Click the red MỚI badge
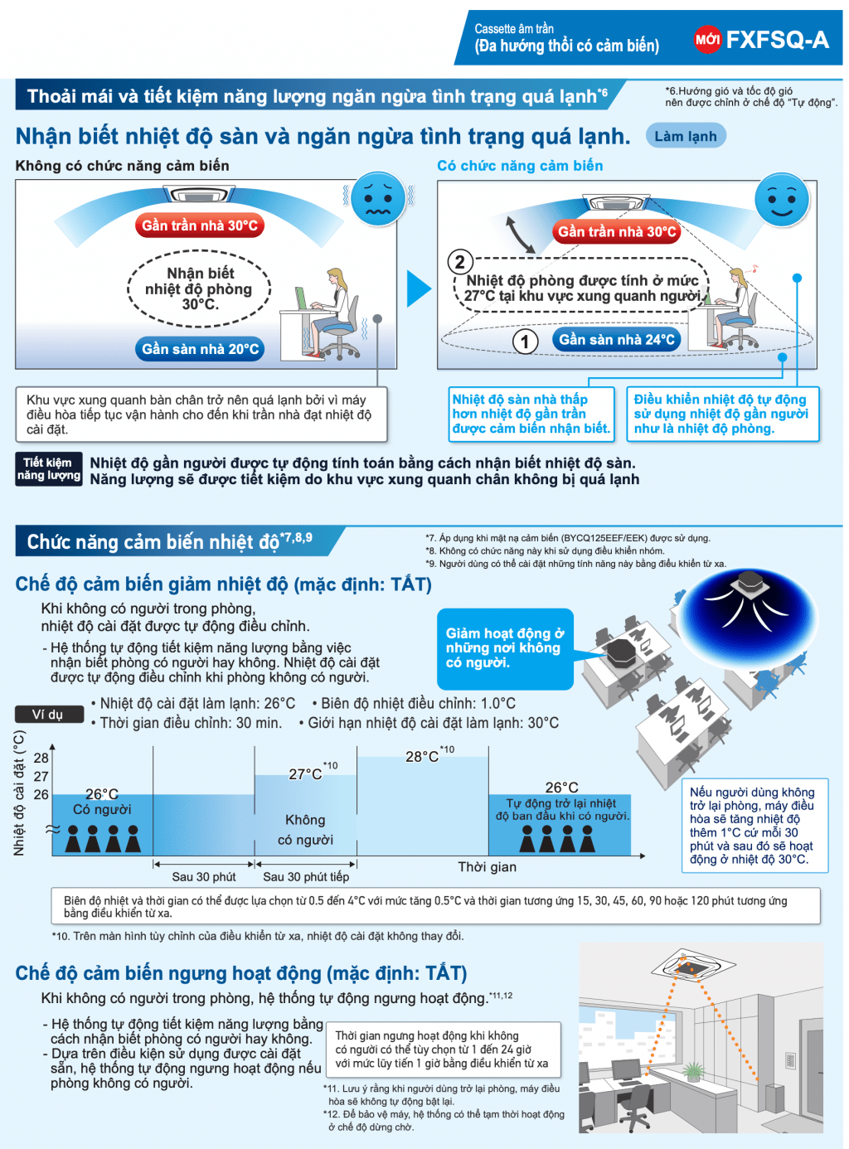tap(707, 39)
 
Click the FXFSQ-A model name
tap(777, 39)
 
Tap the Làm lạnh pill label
tap(685, 136)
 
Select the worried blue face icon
tap(378, 198)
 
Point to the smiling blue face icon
tap(781, 200)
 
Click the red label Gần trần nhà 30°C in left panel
tap(200, 225)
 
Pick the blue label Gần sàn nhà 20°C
tap(200, 349)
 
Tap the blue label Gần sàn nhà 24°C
tap(616, 339)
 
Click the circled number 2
tap(460, 262)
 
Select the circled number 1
tap(525, 342)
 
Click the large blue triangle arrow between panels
tap(419, 288)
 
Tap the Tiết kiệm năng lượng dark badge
tap(49, 469)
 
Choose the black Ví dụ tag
tap(49, 714)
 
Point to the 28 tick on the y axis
tap(41, 758)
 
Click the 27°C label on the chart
tap(305, 773)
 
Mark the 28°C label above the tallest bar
tap(422, 756)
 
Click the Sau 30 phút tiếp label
tap(306, 876)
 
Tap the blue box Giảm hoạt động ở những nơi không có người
tap(505, 648)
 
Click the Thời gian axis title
tap(488, 866)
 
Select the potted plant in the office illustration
tap(692, 1071)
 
